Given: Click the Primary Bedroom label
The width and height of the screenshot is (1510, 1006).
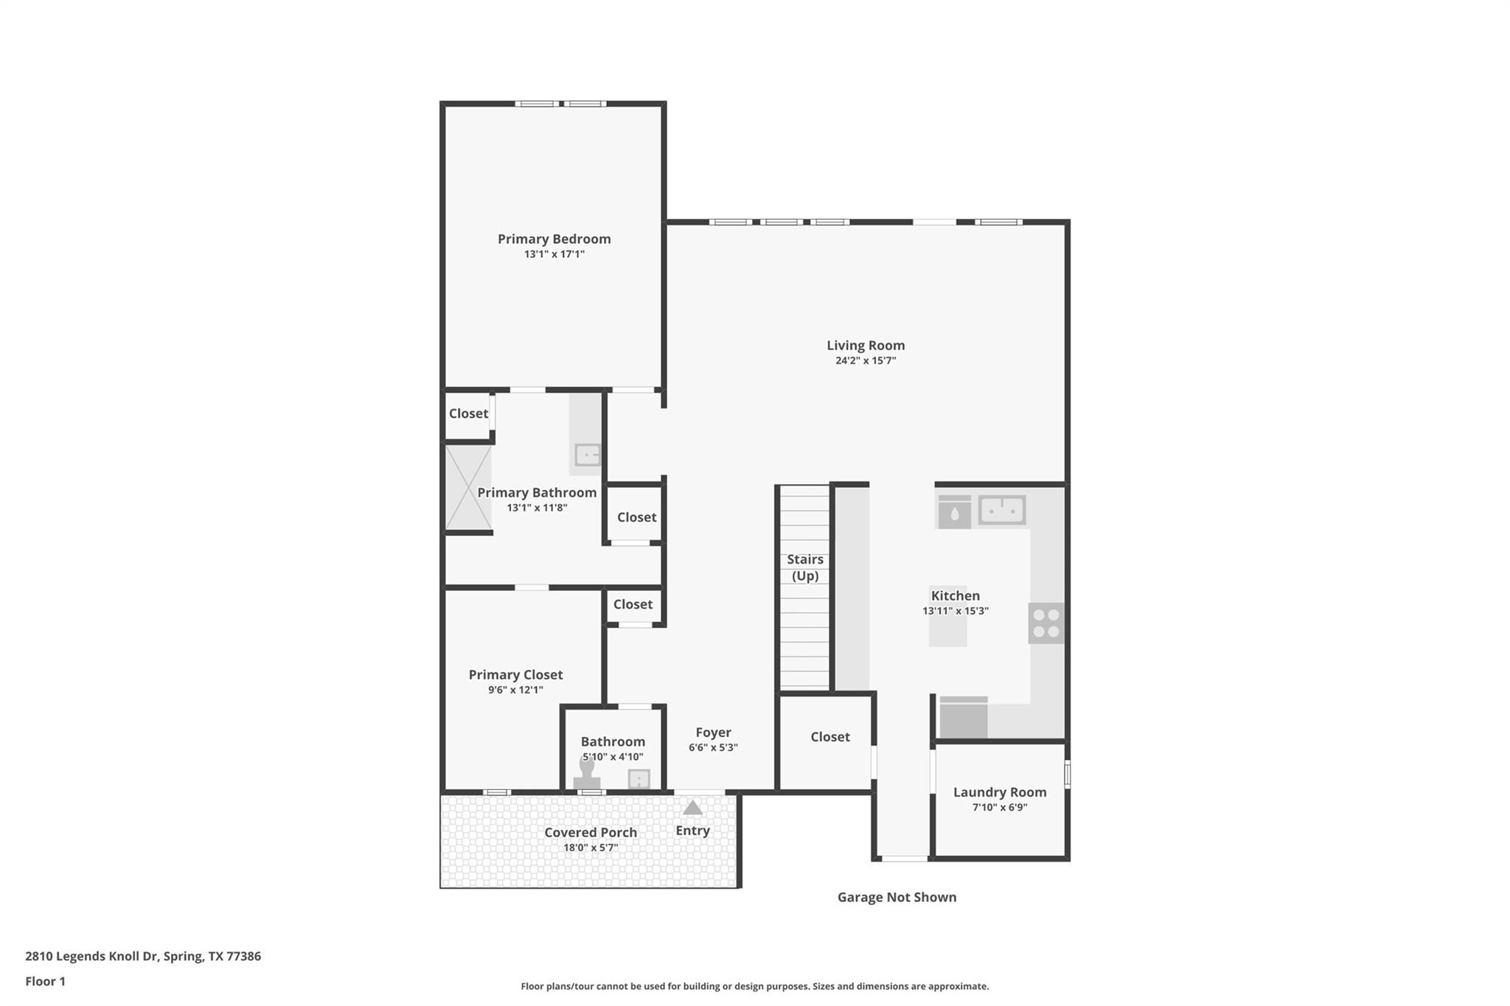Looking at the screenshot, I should click(554, 239).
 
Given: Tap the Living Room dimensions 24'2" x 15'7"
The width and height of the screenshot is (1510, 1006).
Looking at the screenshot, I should click(866, 360).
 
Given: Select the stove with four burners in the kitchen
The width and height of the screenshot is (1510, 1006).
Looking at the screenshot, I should click(1045, 623).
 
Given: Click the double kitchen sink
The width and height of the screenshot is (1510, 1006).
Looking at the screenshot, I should click(1001, 510).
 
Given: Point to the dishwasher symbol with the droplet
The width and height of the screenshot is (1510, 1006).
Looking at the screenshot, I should click(954, 512).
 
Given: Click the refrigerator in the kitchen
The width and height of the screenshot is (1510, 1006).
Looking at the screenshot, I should click(963, 718).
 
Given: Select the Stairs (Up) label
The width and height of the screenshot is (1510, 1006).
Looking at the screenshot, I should click(804, 567).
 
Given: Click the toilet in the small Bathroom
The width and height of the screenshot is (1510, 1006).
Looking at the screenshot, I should click(587, 774).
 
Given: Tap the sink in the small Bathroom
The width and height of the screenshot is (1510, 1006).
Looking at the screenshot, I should click(639, 778).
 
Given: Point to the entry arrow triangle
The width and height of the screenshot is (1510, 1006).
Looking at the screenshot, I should click(692, 808).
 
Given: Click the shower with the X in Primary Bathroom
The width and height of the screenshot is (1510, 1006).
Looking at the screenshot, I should click(468, 487).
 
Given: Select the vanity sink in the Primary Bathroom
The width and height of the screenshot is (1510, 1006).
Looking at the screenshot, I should click(588, 455).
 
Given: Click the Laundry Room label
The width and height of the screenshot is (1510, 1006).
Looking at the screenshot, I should click(999, 792).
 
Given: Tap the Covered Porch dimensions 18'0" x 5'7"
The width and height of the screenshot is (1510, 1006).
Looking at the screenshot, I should click(591, 848).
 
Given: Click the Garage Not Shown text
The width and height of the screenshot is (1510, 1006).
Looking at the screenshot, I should click(897, 897).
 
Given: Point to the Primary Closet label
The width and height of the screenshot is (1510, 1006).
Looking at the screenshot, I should click(515, 674).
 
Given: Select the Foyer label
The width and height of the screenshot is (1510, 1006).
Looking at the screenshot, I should click(713, 733).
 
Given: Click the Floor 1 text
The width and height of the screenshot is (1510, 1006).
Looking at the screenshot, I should click(45, 981).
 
